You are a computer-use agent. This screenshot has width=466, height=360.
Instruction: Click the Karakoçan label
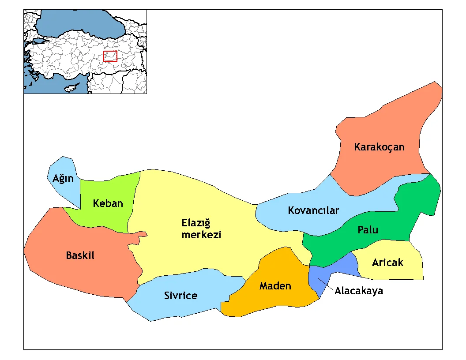379,147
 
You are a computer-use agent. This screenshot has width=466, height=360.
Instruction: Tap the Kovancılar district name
313,210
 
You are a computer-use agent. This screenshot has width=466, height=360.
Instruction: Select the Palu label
368,230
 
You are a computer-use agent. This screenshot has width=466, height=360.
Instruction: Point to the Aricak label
387,263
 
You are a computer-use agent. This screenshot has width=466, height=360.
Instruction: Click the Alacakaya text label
359,291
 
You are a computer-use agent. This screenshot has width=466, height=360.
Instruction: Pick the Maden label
275,286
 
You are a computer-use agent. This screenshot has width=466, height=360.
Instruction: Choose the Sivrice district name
180,296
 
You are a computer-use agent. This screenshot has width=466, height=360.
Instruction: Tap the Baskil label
80,255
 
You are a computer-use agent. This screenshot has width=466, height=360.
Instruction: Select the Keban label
108,203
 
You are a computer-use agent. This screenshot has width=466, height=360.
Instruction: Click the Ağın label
63,179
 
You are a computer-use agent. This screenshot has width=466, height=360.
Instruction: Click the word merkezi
201,235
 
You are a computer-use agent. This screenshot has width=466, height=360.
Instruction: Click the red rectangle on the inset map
110,56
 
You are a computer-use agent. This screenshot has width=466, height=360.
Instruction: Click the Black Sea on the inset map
79,20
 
